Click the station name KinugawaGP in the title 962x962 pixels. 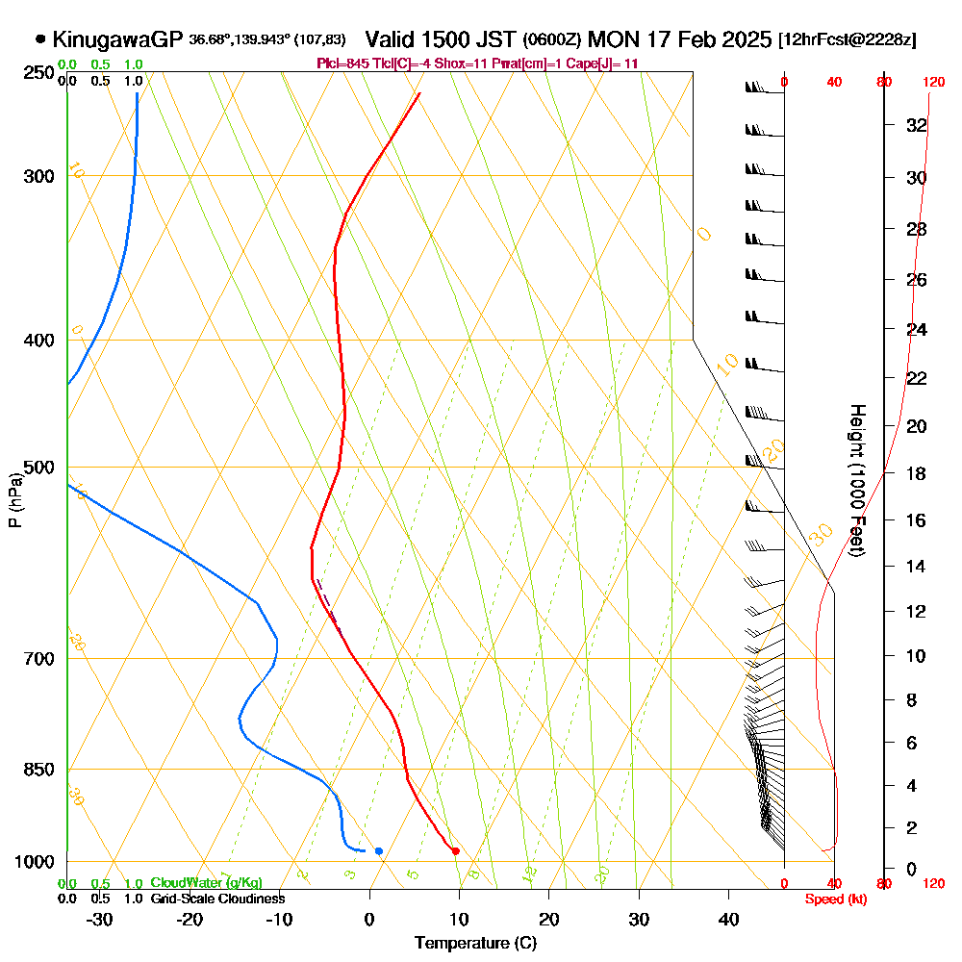pyautogui.click(x=117, y=39)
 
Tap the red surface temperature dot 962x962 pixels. pyautogui.click(x=455, y=850)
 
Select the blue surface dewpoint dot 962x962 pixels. pyautogui.click(x=379, y=850)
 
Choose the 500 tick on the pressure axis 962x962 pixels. pyautogui.click(x=40, y=468)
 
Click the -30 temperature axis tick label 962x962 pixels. pyautogui.click(x=100, y=918)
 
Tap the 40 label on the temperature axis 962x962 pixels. pyautogui.click(x=728, y=918)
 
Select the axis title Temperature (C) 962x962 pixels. pyautogui.click(x=475, y=943)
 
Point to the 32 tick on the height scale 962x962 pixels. pyautogui.click(x=916, y=125)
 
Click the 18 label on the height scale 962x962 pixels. pyautogui.click(x=916, y=473)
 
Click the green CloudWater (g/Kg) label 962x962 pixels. pyautogui.click(x=206, y=883)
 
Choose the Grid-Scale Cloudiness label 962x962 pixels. pyautogui.click(x=216, y=899)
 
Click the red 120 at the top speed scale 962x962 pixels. pyautogui.click(x=933, y=82)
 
